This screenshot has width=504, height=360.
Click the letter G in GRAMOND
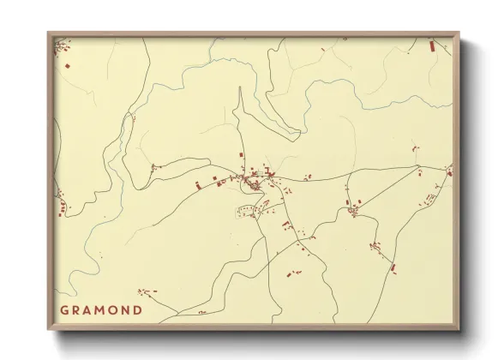click(x=64, y=310)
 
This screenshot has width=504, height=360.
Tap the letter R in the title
click(x=78, y=310)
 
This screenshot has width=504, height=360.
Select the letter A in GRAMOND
click(x=92, y=310)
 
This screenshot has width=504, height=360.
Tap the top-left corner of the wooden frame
click(x=49, y=33)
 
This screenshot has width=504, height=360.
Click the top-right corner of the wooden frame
click(x=459, y=33)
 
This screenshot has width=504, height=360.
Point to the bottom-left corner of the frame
click(x=49, y=331)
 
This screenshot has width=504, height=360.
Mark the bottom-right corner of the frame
click(x=459, y=331)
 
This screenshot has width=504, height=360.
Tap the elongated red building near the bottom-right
click(x=393, y=268)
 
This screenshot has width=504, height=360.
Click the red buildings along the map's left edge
click(x=61, y=205)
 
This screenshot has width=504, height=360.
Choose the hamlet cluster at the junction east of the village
click(x=353, y=208)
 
